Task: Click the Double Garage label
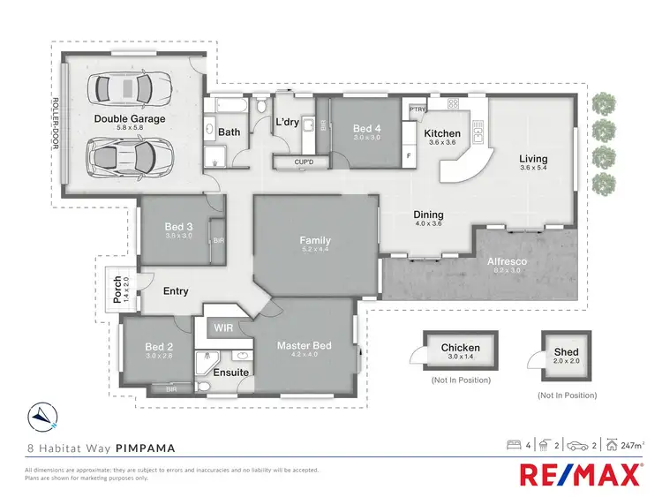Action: pos(131,118)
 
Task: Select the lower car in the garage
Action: pos(126,161)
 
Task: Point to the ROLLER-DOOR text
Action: pos(56,121)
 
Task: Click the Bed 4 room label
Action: pos(366,127)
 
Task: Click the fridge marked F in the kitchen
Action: pos(409,156)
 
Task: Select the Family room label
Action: pos(315,239)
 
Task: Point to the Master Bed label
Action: pos(304,345)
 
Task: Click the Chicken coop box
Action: pos(460,352)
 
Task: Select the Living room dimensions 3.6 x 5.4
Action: pos(532,168)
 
